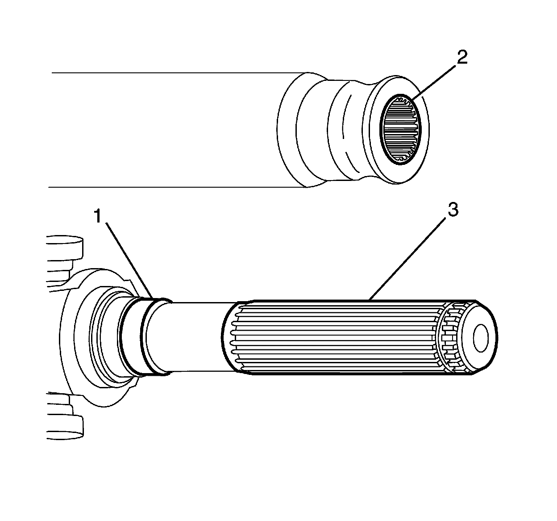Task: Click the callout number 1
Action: point(99,218)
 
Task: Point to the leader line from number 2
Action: point(435,79)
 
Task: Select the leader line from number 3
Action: point(411,255)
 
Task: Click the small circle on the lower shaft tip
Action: point(484,337)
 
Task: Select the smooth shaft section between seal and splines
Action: point(196,336)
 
